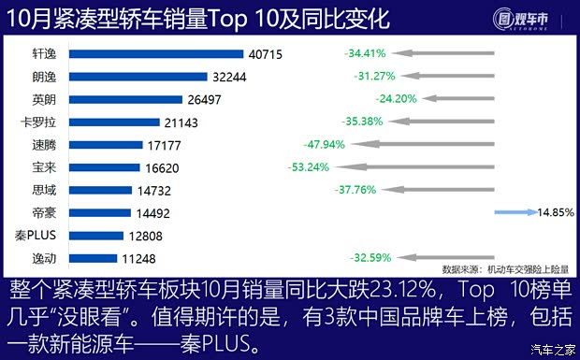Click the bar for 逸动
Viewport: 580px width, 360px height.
click(89, 257)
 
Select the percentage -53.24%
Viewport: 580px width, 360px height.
click(311, 167)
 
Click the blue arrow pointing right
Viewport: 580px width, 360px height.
click(515, 212)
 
